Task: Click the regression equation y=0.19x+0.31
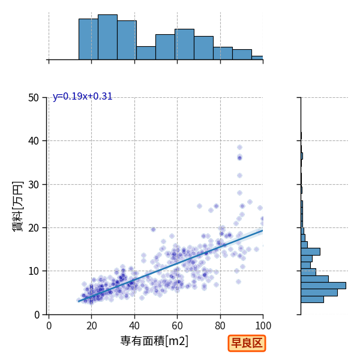point(82,96)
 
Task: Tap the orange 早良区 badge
point(247,343)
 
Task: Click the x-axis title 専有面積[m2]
point(154,341)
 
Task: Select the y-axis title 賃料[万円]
point(18,206)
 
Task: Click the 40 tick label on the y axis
point(34,141)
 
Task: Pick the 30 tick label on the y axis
point(34,184)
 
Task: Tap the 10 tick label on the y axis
point(34,271)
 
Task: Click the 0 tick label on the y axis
point(37,315)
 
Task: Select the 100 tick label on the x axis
point(263,326)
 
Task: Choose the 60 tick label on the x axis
point(177,326)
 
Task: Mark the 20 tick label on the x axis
point(92,326)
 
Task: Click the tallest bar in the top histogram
point(107,37)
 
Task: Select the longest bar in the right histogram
point(323,286)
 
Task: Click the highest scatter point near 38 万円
point(239,147)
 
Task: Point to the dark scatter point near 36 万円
point(239,158)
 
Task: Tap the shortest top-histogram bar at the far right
point(257,58)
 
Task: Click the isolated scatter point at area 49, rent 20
point(154,229)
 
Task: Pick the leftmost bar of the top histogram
point(88,39)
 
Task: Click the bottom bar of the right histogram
point(312,299)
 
